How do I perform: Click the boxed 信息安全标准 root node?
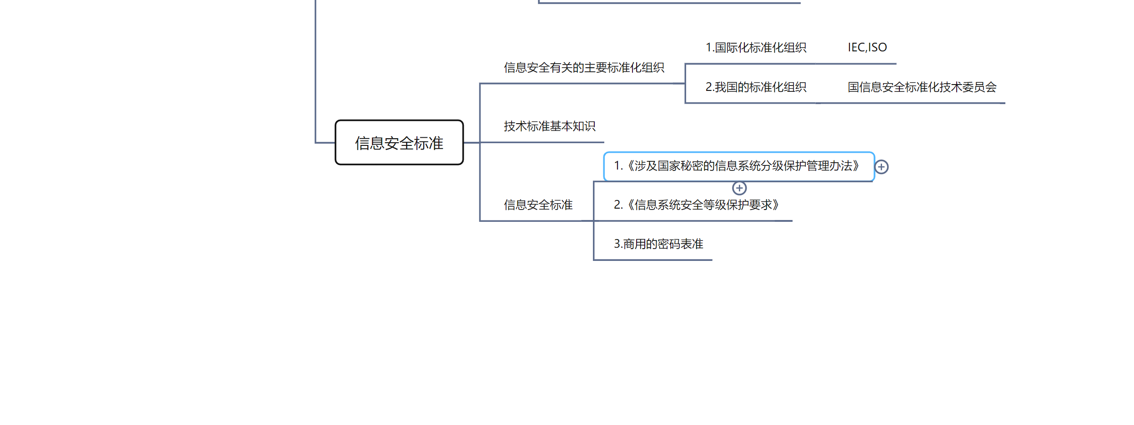(x=399, y=143)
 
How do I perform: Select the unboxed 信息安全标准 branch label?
(x=538, y=205)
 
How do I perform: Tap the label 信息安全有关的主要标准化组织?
(x=584, y=68)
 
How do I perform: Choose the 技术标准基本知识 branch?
(x=549, y=126)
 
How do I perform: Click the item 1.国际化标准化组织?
(x=756, y=48)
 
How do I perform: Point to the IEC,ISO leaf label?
(x=867, y=47)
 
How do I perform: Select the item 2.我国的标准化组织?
(x=756, y=87)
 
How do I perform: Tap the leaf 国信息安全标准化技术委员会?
(x=922, y=87)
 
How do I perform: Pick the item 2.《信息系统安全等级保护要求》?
(x=696, y=205)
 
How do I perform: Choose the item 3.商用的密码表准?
(x=658, y=244)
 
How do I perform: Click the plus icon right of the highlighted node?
(x=881, y=167)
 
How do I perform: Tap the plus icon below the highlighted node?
(x=739, y=188)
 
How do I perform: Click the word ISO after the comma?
(x=878, y=47)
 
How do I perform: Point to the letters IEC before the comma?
(x=856, y=47)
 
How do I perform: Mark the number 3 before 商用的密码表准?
(x=617, y=244)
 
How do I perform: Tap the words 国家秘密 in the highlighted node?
(x=680, y=166)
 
